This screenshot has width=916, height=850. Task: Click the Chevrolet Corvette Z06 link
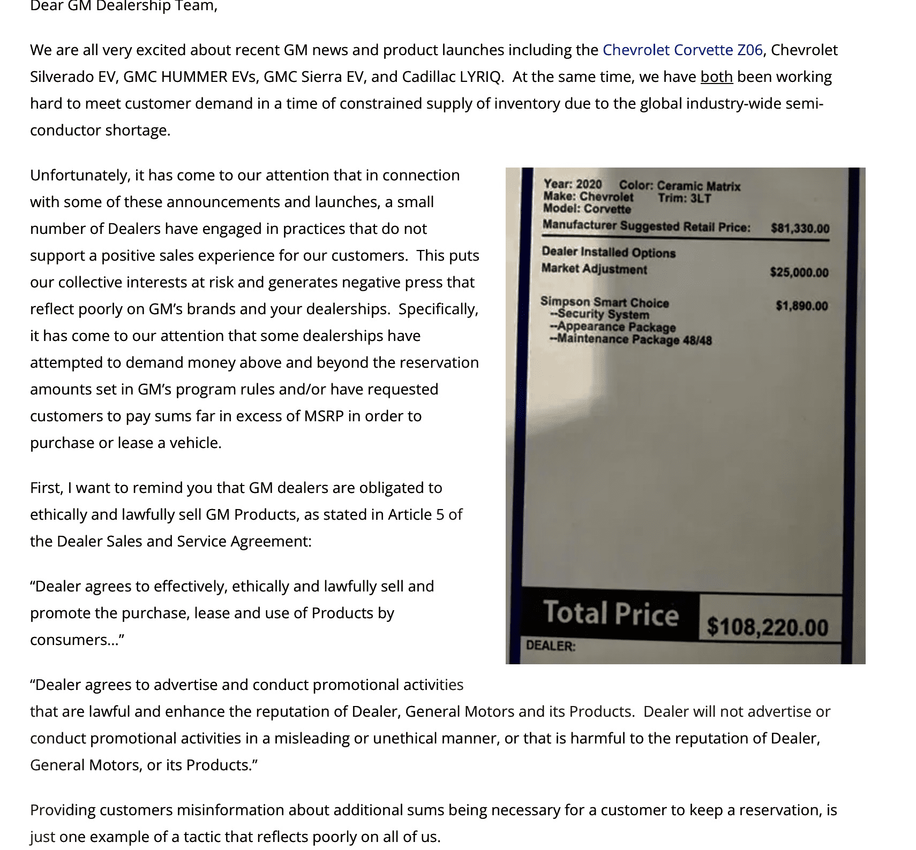point(682,50)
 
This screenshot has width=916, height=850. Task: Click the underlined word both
point(716,77)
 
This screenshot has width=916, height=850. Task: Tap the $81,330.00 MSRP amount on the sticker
point(800,229)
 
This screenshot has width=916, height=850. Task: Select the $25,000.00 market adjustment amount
point(799,272)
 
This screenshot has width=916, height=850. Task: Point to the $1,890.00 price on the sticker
point(801,306)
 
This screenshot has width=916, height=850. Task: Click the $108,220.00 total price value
point(767,627)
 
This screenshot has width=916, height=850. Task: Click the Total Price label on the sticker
point(611,613)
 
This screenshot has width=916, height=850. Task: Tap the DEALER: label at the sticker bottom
point(551,646)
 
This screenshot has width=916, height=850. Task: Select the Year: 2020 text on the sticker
point(572,185)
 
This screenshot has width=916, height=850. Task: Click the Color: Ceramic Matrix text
point(679,186)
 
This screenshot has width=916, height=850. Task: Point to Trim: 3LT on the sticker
point(684,198)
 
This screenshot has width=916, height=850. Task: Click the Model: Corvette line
point(587,209)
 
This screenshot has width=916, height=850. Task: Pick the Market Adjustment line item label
point(594,269)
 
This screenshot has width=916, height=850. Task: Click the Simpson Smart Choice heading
point(604,302)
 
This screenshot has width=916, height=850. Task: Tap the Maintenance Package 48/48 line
point(634,339)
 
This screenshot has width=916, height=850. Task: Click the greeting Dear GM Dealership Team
point(124,6)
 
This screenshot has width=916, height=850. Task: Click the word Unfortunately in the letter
point(80,175)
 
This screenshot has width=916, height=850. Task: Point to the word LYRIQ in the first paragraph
point(480,77)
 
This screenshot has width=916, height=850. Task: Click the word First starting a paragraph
point(46,488)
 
